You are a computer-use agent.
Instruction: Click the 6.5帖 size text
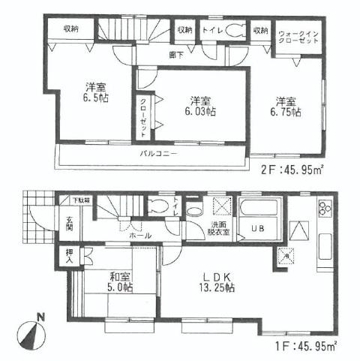(94, 98)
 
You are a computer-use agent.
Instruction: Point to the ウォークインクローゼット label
(298, 38)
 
